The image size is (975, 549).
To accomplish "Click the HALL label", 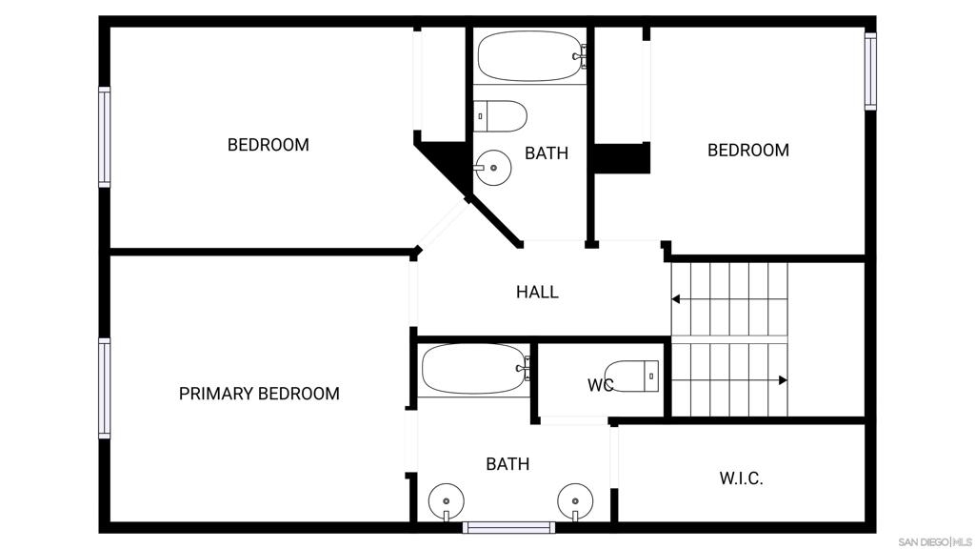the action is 537,292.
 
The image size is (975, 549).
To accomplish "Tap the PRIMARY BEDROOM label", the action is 259,394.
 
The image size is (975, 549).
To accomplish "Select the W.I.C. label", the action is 741,478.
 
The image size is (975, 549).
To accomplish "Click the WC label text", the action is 600,385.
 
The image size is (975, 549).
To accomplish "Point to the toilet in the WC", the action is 632,376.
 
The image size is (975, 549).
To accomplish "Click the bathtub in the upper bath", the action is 531,56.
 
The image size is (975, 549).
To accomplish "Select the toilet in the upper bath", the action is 500,116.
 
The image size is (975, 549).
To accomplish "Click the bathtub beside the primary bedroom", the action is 475,369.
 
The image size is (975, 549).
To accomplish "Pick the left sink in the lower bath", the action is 446,501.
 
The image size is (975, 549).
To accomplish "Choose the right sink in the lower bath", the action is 575,501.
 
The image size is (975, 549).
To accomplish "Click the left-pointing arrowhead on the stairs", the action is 675,299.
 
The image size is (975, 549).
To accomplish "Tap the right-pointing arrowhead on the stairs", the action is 783,380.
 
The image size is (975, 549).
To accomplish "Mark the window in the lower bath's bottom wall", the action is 508,527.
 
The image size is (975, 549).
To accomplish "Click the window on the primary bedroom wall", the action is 105,388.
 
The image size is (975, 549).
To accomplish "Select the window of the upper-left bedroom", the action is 105,137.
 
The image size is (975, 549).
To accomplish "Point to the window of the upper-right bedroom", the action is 870,71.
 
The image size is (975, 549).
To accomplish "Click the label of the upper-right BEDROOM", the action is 748,150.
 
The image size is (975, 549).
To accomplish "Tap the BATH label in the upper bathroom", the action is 547,153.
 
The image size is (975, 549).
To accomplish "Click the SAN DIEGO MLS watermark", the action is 935,542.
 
